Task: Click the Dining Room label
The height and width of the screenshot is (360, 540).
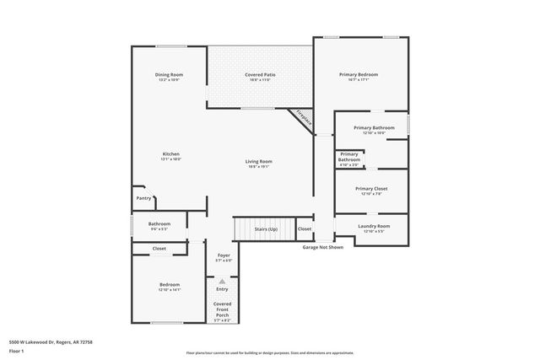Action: [x=169, y=75]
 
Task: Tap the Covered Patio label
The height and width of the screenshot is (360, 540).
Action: [x=261, y=75]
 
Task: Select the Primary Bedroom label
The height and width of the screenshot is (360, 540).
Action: [x=359, y=75]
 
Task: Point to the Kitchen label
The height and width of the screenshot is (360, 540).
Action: [x=171, y=153]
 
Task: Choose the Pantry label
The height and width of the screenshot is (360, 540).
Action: [x=143, y=198]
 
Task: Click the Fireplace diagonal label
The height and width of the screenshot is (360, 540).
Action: [x=303, y=119]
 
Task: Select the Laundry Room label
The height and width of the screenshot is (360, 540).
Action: [x=373, y=226]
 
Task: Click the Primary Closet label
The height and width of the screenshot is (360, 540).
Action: [x=370, y=189]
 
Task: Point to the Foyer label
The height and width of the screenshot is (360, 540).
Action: [x=224, y=255]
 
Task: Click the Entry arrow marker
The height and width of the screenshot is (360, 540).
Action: [x=223, y=282]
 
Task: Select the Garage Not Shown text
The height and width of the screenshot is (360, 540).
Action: [x=323, y=247]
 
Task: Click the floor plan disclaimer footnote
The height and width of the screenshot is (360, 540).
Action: [x=270, y=353]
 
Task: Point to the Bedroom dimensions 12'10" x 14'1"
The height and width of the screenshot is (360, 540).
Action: [x=170, y=289]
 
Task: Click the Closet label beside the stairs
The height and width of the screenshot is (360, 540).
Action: [x=305, y=228]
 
